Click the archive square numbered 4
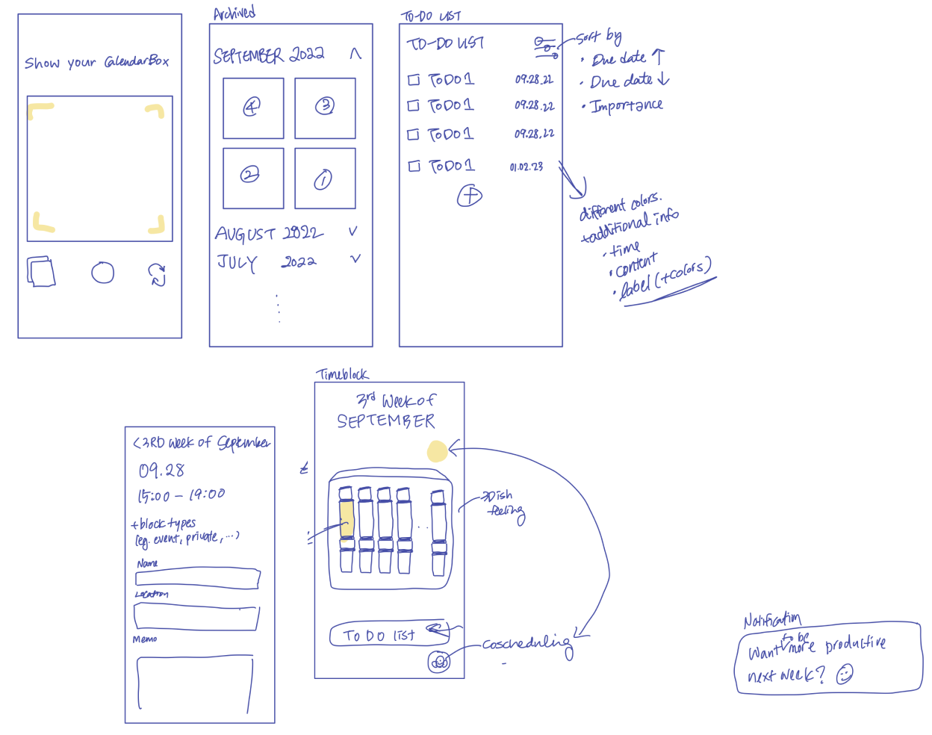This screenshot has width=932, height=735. [253, 108]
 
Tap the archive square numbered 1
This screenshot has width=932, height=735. [324, 179]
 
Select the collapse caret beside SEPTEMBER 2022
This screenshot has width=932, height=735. [355, 54]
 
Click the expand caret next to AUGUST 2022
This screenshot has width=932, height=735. [353, 232]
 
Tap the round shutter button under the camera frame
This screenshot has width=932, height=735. [103, 273]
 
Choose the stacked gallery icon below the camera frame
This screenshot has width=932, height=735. [42, 272]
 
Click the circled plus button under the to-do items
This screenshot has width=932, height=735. [470, 196]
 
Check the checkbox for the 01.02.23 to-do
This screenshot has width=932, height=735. [414, 166]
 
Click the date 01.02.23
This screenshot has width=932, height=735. [526, 167]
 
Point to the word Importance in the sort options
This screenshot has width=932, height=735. [627, 106]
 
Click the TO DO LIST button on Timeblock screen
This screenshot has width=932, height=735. [389, 635]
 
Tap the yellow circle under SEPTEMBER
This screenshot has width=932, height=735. [437, 451]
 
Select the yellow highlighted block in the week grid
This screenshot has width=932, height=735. [347, 517]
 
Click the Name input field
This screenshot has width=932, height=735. [198, 578]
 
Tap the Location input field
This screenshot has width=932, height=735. [196, 617]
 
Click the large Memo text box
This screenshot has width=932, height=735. [195, 683]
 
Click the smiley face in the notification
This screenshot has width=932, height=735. [844, 674]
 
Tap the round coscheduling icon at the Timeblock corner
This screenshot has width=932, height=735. [439, 662]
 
